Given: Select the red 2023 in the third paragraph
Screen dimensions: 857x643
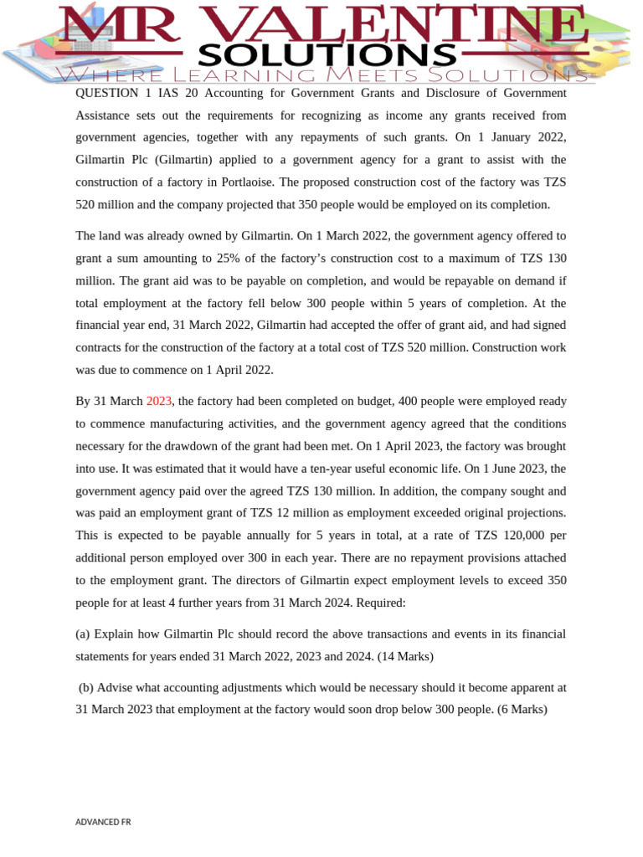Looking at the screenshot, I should pyautogui.click(x=159, y=402).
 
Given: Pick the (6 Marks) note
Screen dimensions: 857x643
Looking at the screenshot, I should pyautogui.click(x=520, y=710).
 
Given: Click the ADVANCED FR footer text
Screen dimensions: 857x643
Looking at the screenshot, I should pyautogui.click(x=103, y=822).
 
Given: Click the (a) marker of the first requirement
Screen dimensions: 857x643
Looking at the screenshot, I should pyautogui.click(x=83, y=634).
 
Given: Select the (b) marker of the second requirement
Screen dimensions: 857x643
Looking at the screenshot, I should pyautogui.click(x=86, y=688).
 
